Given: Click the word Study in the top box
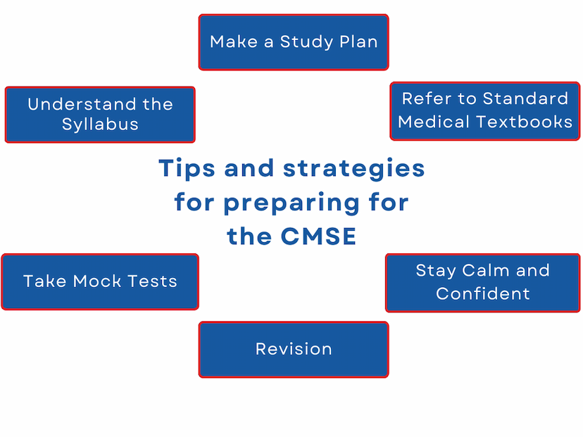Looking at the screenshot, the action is pos(307,42).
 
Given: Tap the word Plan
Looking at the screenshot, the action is pos(358,42).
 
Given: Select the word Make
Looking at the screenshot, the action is pos(234,42).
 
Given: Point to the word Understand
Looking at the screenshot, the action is pos(82,104).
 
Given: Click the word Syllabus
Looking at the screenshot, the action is pos(100,125).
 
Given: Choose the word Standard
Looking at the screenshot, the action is pos(525,99).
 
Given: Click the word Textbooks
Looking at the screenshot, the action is pos(525,122).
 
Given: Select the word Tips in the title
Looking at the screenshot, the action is pos(187,169).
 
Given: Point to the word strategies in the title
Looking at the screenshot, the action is pos(353,169).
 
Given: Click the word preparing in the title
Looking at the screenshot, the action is pos(291,203).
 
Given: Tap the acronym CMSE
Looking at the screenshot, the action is pos(318,236).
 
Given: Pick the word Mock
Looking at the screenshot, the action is pos(97,281).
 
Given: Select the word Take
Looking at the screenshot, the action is pos(45,281).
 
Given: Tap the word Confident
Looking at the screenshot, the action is pos(482,293).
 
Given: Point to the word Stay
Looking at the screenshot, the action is pos(436,271).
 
